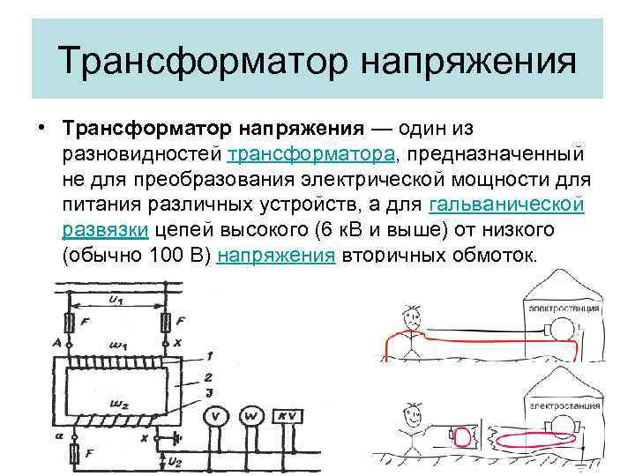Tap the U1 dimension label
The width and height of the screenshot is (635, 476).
click(116, 301)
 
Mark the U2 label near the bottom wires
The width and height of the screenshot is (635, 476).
click(174, 461)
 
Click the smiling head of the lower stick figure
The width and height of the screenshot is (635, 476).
click(410, 412)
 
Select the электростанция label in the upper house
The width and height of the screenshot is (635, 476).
click(563, 309)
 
